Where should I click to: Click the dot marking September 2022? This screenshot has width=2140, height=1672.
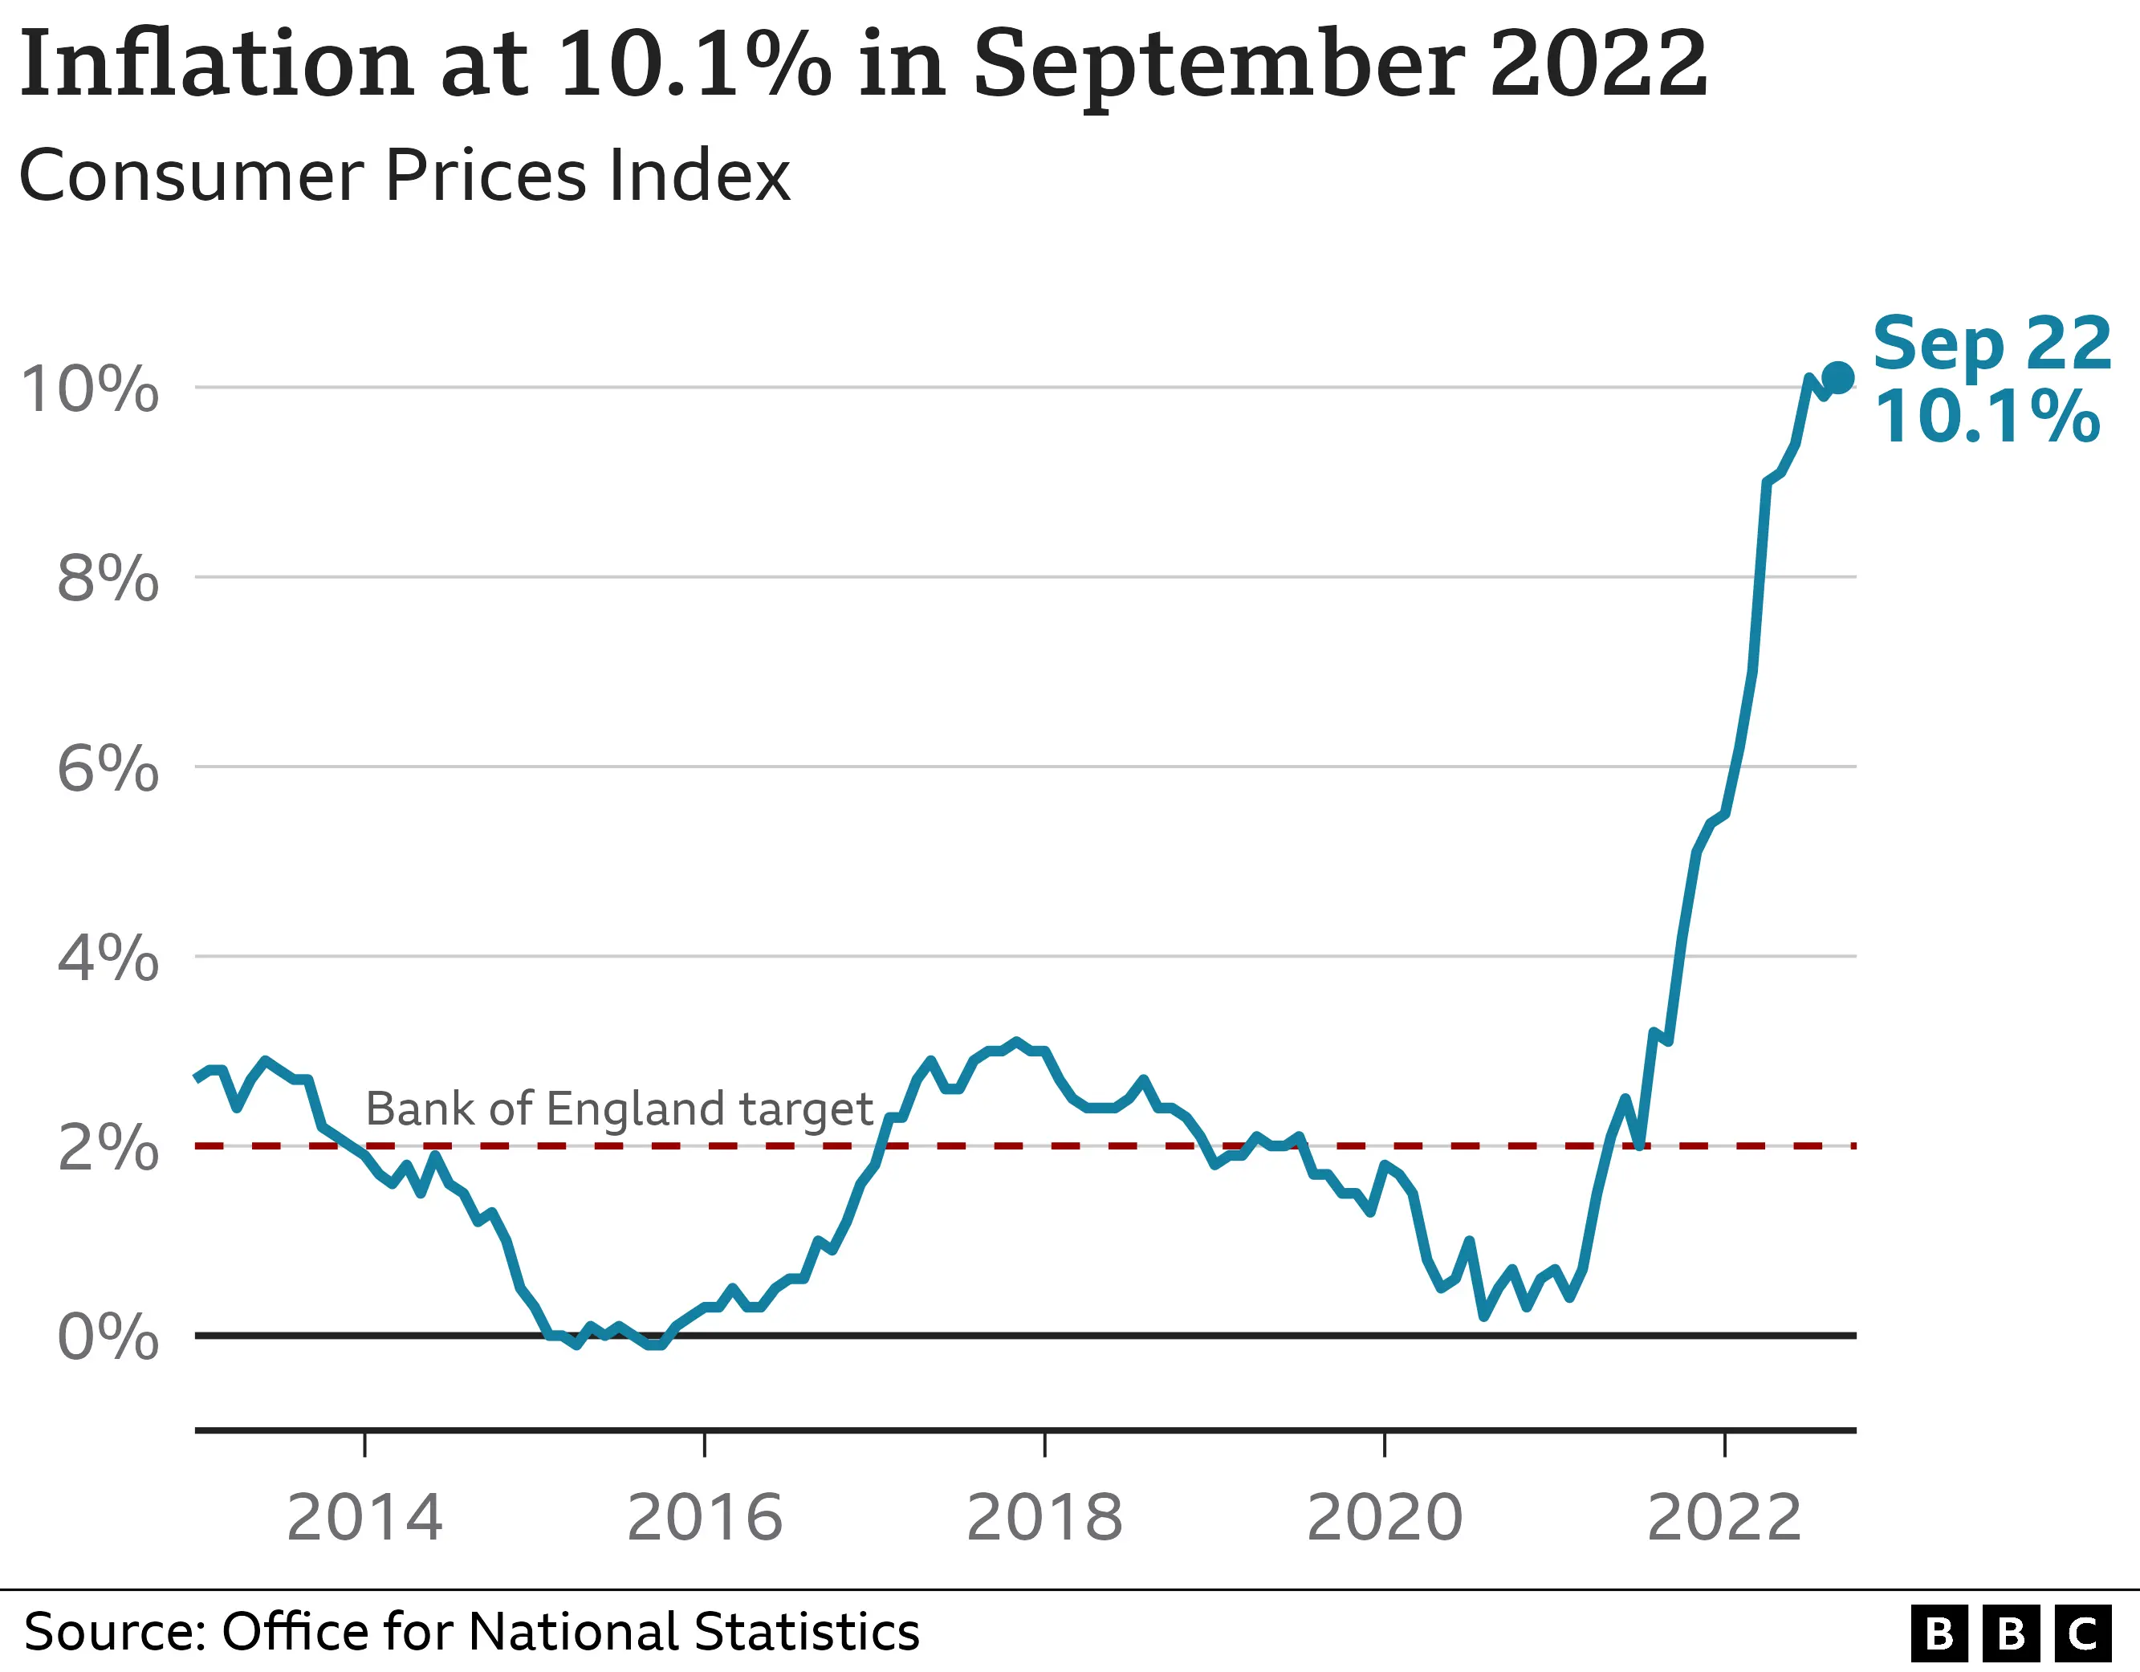[1837, 377]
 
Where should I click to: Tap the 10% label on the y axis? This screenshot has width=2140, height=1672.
[89, 389]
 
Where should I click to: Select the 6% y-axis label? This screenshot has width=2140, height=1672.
[108, 768]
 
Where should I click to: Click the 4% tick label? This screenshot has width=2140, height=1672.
[108, 958]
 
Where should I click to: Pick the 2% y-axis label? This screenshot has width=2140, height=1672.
[108, 1148]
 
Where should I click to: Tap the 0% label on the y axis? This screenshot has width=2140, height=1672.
[108, 1336]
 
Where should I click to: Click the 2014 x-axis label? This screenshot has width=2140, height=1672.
[364, 1518]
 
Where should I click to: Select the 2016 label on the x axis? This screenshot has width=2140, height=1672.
[705, 1518]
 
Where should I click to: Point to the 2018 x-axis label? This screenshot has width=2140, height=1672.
[1044, 1518]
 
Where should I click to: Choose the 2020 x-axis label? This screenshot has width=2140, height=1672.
[1385, 1518]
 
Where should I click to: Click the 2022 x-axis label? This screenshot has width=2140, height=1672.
[1724, 1518]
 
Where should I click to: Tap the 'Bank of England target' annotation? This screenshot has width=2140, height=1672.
[619, 1109]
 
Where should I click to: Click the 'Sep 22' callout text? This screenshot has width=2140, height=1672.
[1991, 344]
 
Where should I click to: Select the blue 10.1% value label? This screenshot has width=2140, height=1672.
[1987, 417]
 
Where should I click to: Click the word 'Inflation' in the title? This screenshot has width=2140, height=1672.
[216, 65]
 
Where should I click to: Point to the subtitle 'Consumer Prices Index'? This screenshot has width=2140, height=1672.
[405, 177]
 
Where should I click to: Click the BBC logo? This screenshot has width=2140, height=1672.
[2011, 1633]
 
